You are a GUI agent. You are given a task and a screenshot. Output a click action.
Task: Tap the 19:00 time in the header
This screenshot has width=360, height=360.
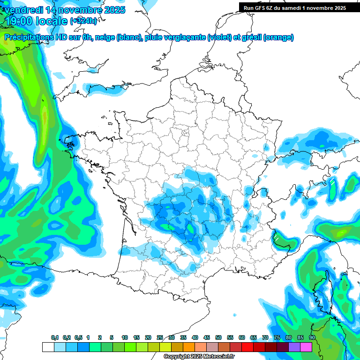coord(19,21)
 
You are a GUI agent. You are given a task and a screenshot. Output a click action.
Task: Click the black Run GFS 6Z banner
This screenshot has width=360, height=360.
coord(292,7)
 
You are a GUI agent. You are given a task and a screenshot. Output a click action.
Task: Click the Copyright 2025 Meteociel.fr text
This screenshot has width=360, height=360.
coord(199,357)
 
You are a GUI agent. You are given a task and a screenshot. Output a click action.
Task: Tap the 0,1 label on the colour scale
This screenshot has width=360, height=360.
coord(55,338)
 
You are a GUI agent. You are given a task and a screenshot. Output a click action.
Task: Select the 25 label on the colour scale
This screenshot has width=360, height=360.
coord(160,338)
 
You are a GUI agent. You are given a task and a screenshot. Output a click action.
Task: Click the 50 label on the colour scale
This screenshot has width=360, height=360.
coord(218,338)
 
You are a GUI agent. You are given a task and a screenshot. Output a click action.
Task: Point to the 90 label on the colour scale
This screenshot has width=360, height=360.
coord(312,338)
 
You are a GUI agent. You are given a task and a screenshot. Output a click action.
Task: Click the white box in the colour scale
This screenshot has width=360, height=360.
coord(48,347)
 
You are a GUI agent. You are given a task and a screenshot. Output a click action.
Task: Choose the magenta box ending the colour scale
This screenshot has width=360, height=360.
coord(306,347)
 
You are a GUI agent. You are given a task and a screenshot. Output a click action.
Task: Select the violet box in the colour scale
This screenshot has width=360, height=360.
coord(294,347)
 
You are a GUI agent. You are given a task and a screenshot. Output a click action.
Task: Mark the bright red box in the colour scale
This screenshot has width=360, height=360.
coord(247,347)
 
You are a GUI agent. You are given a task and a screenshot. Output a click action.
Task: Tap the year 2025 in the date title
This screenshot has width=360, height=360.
coord(112,10)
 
